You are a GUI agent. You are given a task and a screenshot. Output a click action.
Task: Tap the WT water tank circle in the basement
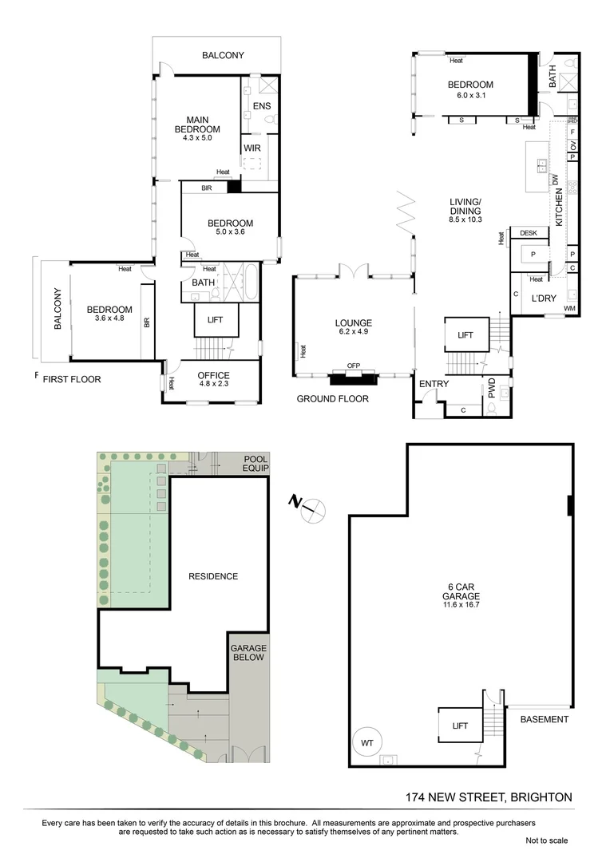coord(367,741)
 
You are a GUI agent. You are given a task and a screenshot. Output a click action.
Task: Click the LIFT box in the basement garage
coord(460,726)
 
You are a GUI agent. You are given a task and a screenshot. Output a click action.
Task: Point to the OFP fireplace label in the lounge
coord(354,366)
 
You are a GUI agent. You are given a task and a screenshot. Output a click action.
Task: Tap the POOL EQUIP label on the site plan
coord(255,462)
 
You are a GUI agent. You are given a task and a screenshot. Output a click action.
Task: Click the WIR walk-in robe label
coord(252,148)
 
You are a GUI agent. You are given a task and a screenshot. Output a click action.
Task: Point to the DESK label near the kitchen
coord(529,233)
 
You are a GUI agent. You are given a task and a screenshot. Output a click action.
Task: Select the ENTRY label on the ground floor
coord(434,384)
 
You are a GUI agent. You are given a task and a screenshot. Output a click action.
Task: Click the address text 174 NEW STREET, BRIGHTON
coord(489,797)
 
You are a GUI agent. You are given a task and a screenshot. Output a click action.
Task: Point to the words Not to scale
coord(547,840)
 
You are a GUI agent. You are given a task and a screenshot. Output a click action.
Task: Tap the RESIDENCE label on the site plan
coord(213,576)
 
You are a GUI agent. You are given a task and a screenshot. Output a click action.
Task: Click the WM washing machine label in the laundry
coord(569,308)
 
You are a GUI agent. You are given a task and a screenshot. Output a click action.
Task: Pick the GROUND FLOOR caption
coord(333,398)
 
